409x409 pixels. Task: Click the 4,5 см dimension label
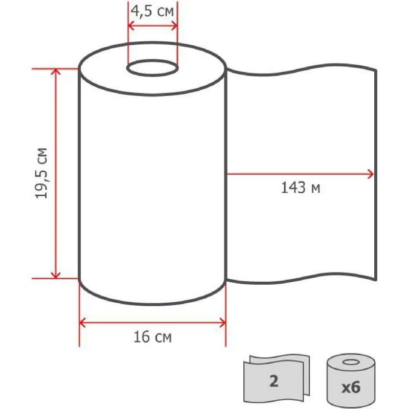coord(152,12)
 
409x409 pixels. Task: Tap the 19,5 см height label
coord(42,173)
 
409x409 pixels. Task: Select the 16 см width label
coord(152,337)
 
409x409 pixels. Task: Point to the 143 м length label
coord(301,188)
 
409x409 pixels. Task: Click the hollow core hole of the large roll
coord(152,69)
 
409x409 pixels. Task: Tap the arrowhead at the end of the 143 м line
coord(370,174)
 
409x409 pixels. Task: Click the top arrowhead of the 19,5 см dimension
coord(56,72)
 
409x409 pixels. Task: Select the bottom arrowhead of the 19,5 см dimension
coord(56,276)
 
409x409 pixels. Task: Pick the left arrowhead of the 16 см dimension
coord(82,323)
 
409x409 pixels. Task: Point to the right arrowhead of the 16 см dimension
coord(222,323)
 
